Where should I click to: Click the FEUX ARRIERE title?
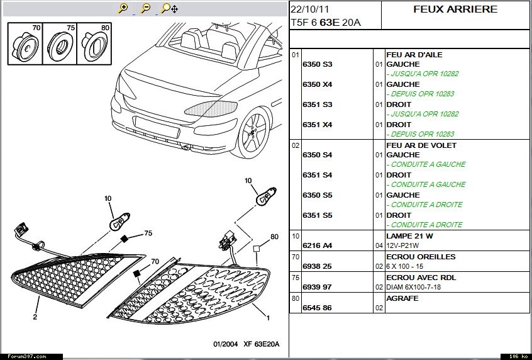point(455,9)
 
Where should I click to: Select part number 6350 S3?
point(317,64)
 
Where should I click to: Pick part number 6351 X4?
point(317,125)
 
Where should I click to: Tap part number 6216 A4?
point(317,245)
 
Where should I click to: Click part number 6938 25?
point(317,266)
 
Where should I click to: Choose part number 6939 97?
point(317,287)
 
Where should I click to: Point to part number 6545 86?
point(317,308)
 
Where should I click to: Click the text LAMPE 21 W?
point(411,236)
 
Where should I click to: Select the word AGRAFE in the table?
point(402,298)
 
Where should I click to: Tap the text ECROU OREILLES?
point(421,257)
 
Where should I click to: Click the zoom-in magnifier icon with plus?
point(123,8)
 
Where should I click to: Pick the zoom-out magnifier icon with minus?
point(145,8)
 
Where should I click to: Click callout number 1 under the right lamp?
point(269,318)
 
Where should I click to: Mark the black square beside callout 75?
point(125,239)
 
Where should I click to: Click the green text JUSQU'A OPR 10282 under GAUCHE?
point(424,74)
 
